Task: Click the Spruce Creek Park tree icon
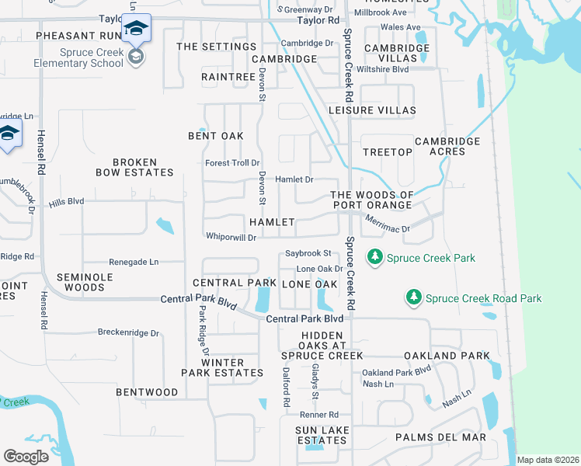point(375,256)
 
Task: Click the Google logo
point(26,456)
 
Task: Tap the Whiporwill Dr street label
point(231,237)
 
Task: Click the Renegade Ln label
point(134,263)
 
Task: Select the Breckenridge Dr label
point(128,332)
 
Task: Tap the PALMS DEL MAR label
point(440,437)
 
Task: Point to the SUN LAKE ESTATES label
point(321,435)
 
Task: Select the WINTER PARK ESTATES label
point(222,367)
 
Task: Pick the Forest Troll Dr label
point(232,163)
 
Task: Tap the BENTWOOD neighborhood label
point(147,392)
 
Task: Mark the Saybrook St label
point(308,253)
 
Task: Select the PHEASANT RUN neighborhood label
point(75,36)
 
